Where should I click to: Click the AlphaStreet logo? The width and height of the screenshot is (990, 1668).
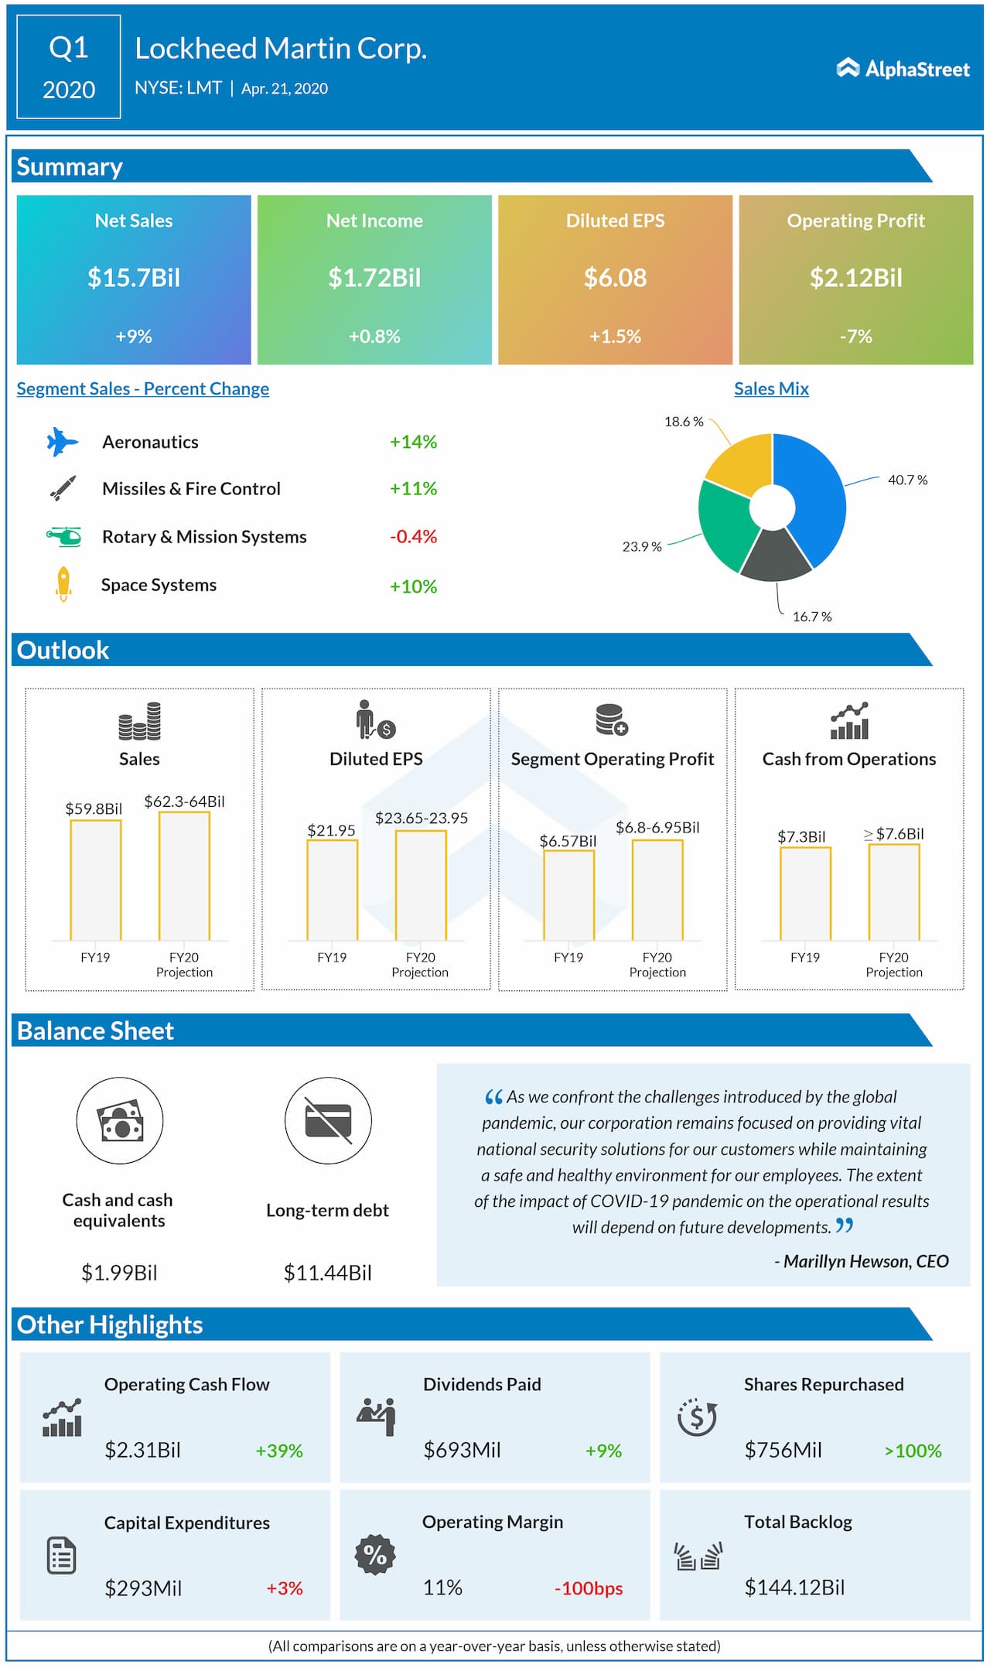(x=903, y=69)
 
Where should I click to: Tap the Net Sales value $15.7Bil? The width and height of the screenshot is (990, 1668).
(x=134, y=278)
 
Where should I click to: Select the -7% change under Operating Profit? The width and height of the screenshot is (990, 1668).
(x=855, y=337)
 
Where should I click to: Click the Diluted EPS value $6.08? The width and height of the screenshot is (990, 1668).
(x=615, y=278)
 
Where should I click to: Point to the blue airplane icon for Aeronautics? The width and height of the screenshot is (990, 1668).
(x=62, y=442)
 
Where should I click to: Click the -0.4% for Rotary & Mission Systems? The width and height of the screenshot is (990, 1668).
(x=413, y=536)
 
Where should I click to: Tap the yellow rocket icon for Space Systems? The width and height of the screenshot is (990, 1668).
(x=63, y=584)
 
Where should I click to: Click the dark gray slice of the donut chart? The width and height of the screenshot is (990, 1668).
(x=775, y=557)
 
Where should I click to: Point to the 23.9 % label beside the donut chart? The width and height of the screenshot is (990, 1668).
(x=641, y=546)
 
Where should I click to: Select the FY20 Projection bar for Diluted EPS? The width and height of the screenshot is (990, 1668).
(x=421, y=885)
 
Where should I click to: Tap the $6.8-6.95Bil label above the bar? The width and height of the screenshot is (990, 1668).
(x=657, y=827)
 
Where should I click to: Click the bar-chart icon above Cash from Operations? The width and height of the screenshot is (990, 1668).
(x=849, y=721)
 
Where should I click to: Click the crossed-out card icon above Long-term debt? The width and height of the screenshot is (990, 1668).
(x=328, y=1120)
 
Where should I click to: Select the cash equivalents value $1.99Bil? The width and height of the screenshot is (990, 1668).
(x=119, y=1273)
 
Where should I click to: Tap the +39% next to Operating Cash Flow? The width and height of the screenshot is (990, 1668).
(x=279, y=1451)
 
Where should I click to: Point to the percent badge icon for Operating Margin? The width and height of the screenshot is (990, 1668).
(x=375, y=1554)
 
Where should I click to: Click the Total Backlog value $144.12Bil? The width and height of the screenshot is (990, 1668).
(x=794, y=1588)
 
